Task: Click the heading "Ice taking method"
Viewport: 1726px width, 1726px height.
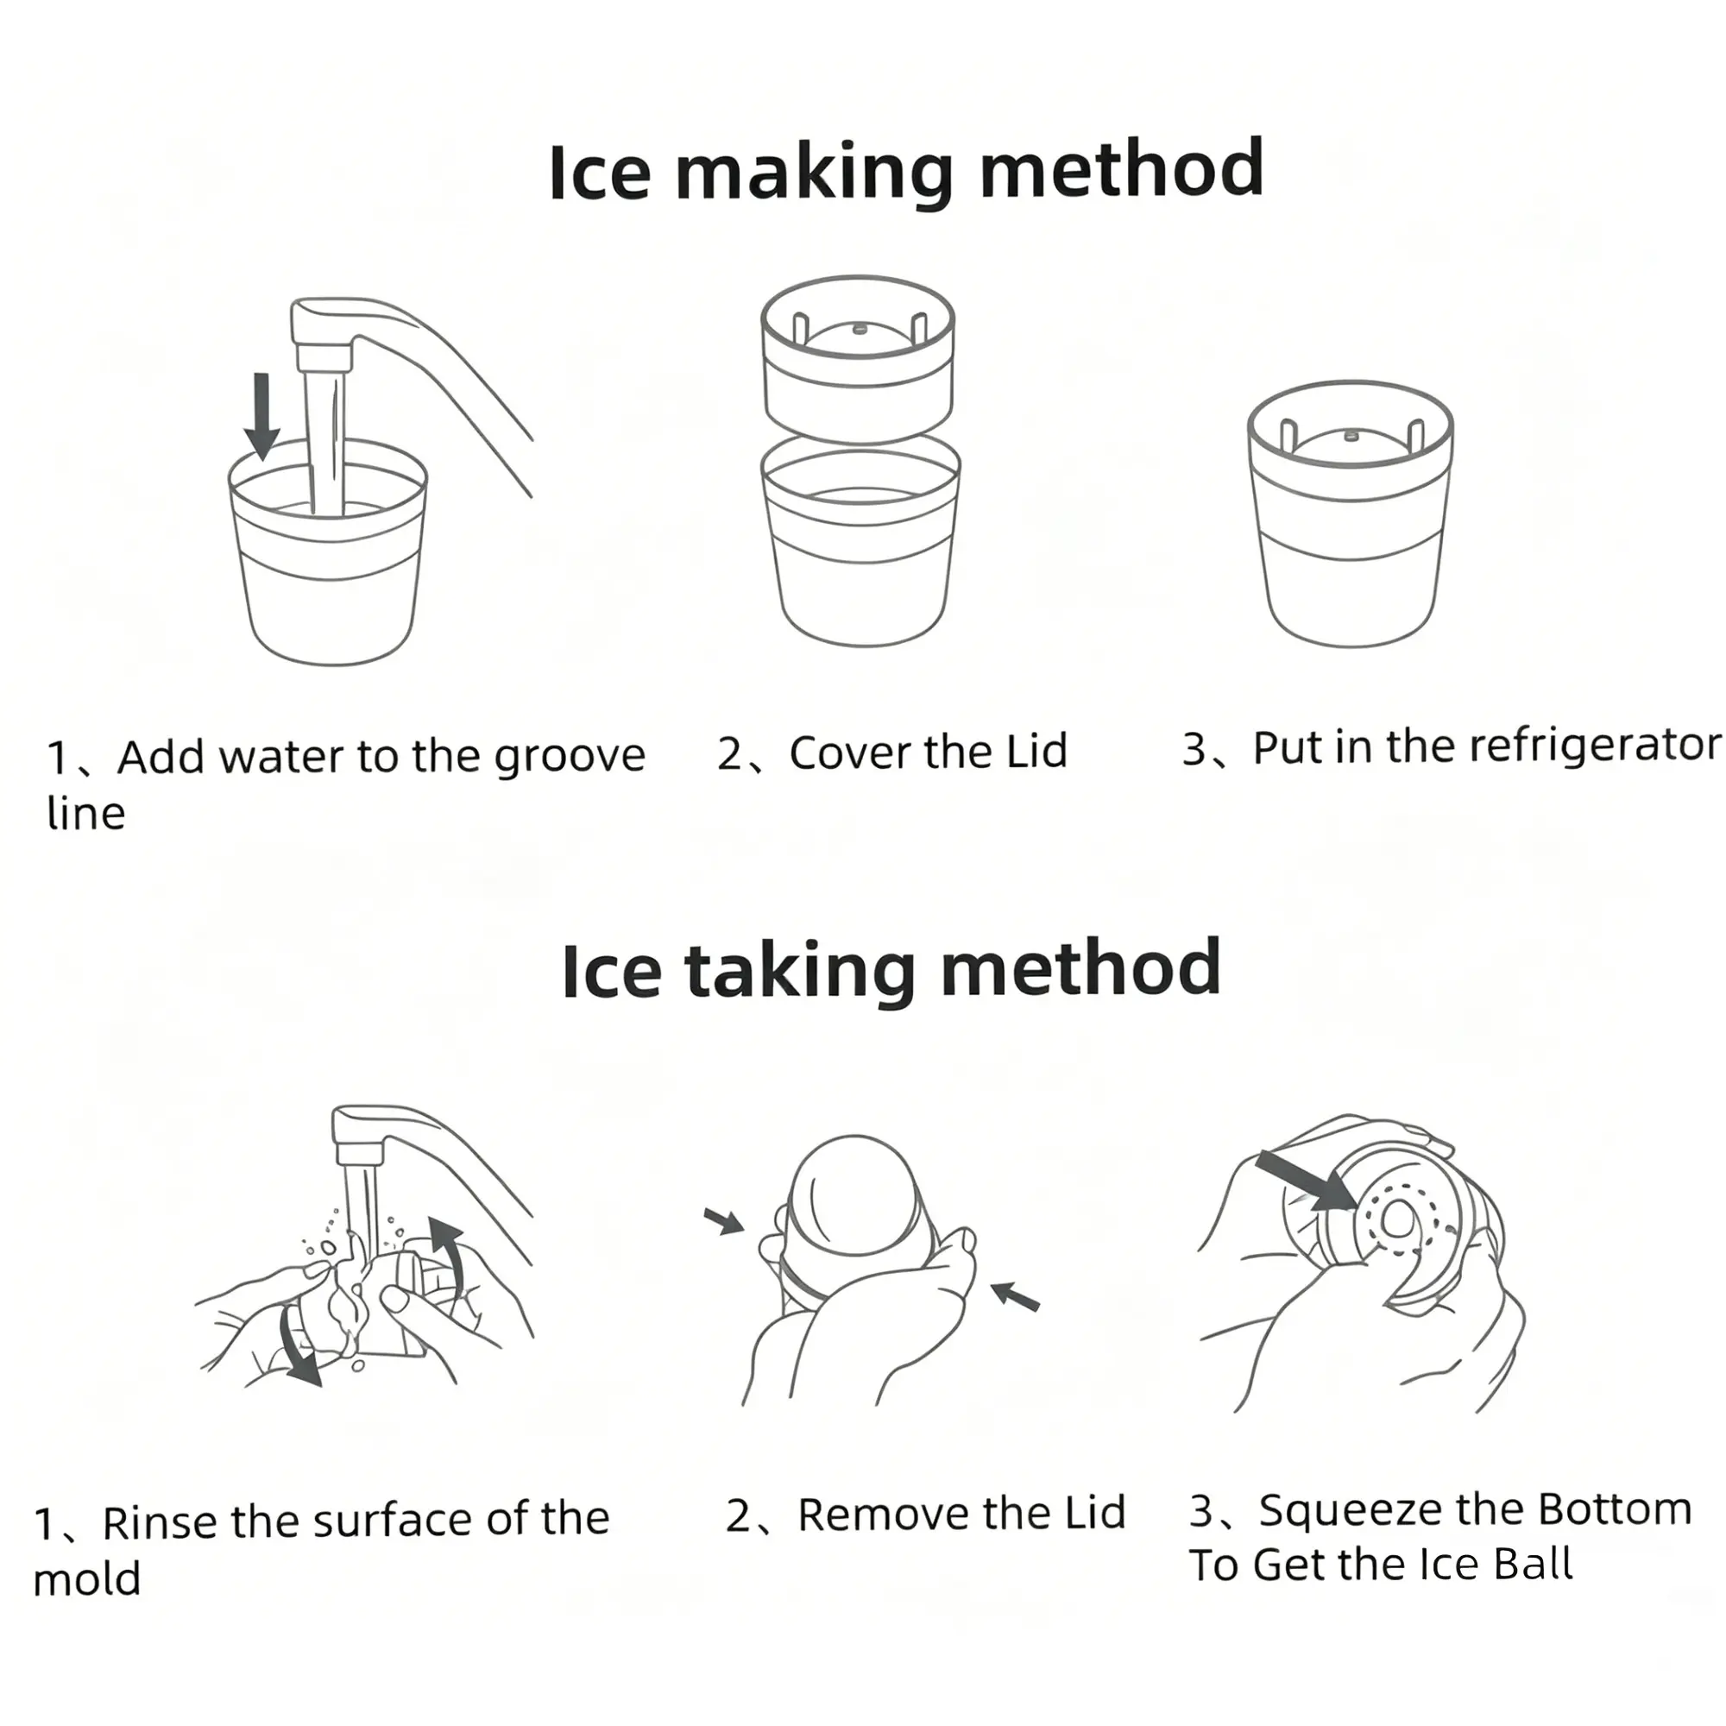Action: (891, 970)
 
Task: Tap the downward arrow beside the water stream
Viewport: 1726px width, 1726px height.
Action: (261, 416)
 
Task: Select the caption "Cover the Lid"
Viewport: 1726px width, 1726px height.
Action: (929, 753)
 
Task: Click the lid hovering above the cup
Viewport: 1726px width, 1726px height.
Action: (858, 358)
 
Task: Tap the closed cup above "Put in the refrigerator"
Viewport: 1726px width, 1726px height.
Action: (1350, 513)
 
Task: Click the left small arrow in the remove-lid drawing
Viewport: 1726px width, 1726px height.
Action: (724, 1220)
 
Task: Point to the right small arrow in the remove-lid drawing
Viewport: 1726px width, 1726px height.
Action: (1015, 1295)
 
